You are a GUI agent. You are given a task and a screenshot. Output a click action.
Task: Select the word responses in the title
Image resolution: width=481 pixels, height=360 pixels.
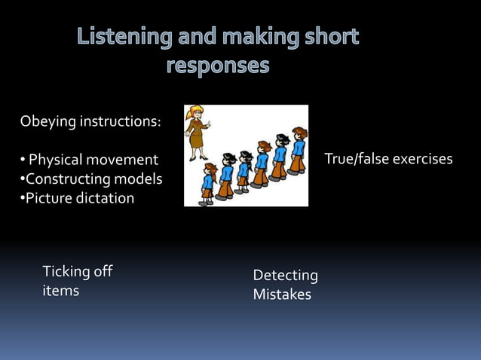[x=217, y=66]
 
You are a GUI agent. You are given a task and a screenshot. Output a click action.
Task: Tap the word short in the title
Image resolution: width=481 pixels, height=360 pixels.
[x=329, y=37]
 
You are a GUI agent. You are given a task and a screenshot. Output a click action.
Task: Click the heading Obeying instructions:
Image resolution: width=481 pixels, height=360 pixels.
[x=90, y=121]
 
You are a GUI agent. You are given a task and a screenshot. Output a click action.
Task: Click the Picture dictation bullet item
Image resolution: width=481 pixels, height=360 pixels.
[x=79, y=198]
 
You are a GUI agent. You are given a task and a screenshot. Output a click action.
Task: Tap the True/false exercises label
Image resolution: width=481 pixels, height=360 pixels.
[x=388, y=159]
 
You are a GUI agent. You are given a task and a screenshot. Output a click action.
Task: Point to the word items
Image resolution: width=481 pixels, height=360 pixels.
[x=60, y=291]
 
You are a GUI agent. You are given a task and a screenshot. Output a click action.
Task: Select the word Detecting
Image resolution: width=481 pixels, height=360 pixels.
[x=285, y=276]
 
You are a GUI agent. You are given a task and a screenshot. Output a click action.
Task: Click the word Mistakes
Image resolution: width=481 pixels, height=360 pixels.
[x=282, y=294]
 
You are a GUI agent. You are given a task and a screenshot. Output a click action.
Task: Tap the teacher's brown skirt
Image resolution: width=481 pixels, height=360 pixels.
[x=197, y=139]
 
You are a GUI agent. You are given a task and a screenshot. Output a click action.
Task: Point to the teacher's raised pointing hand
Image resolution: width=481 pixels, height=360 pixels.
[x=209, y=123]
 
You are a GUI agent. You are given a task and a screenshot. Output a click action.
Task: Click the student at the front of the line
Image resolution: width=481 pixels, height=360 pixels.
[x=207, y=183]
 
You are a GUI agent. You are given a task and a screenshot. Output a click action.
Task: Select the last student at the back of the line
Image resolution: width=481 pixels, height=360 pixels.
[x=298, y=151]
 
